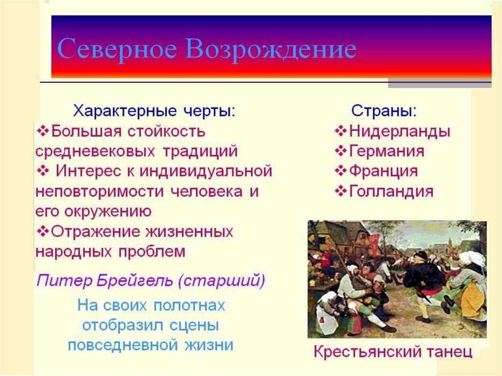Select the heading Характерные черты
tap(154, 111)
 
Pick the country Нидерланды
tap(400, 132)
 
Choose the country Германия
tap(386, 151)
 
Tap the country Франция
tap(383, 171)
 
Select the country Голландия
tap(391, 191)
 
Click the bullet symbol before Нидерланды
tap(341, 131)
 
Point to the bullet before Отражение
tap(43, 231)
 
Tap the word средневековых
tap(95, 151)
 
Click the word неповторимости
tap(100, 192)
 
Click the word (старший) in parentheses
tap(222, 281)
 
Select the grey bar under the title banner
tap(440, 83)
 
